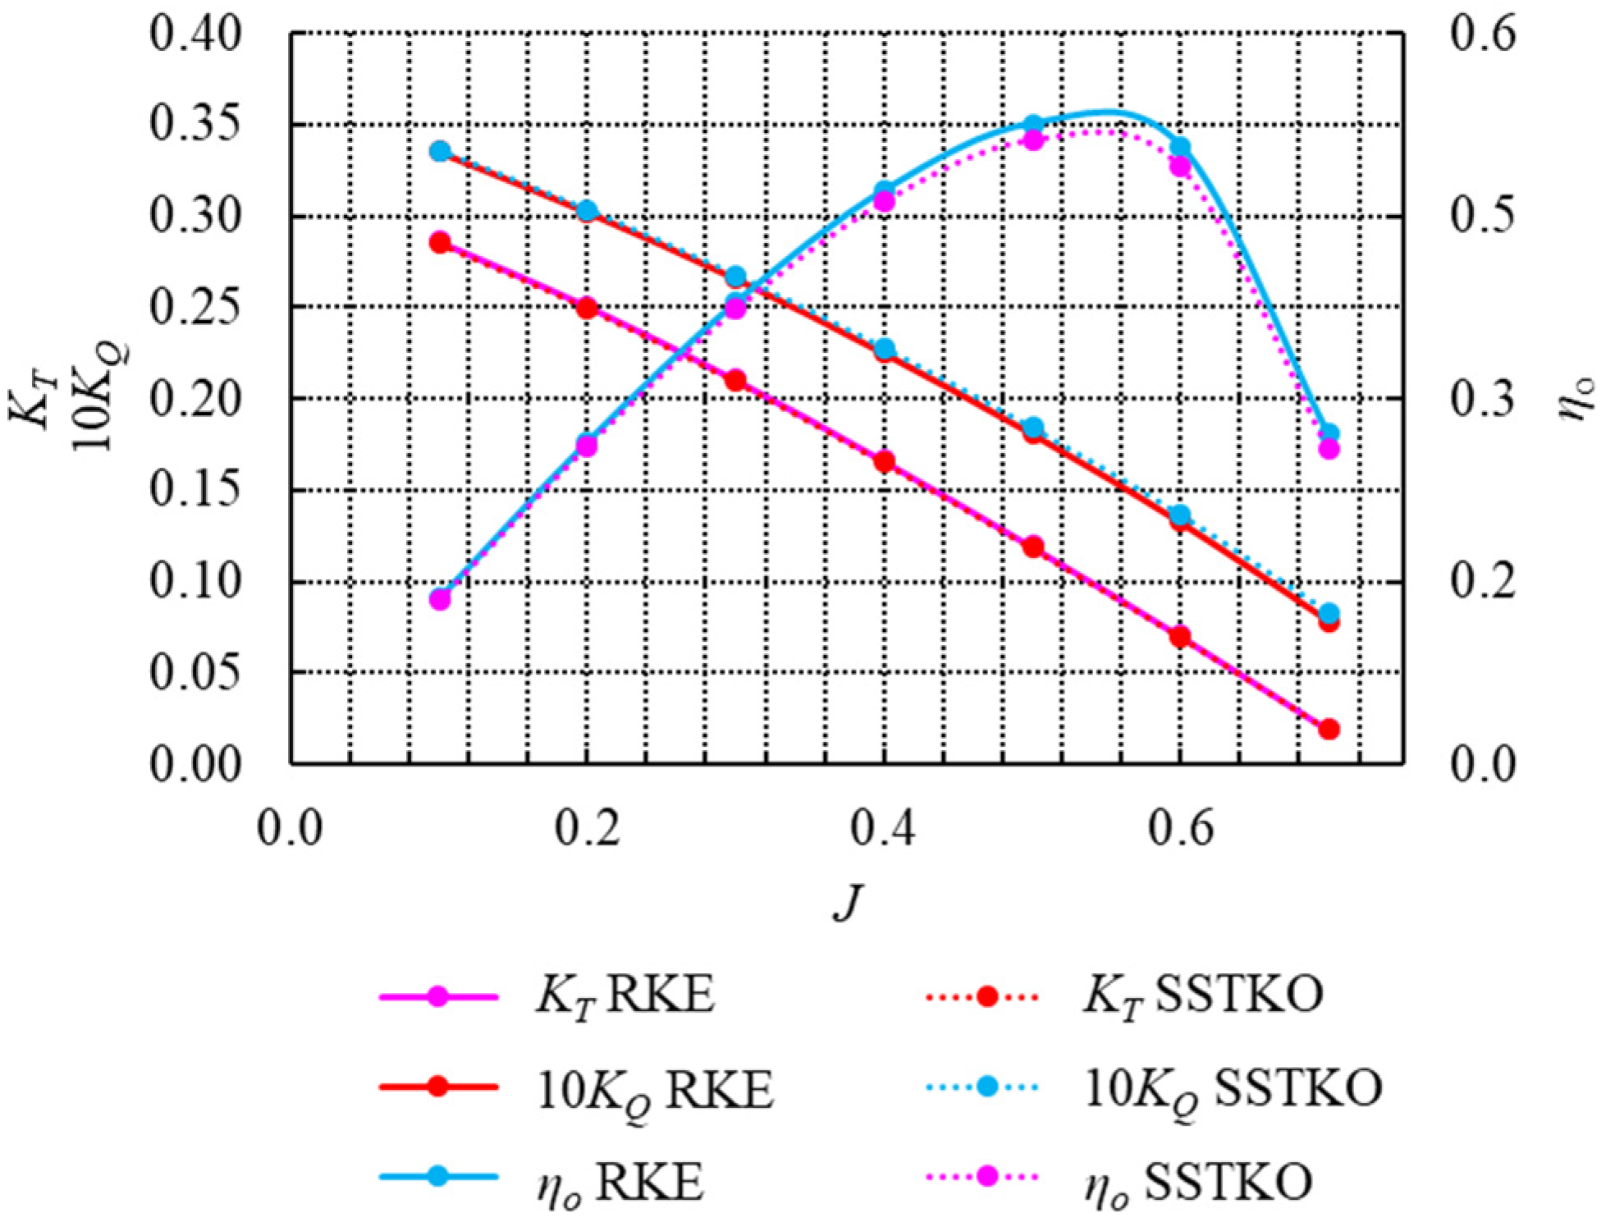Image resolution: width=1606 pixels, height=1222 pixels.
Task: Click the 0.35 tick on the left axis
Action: [196, 126]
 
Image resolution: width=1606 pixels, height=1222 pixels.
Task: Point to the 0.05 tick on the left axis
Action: [196, 673]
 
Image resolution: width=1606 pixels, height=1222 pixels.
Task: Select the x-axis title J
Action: [849, 902]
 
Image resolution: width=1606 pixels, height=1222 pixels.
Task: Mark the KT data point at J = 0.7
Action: [1329, 729]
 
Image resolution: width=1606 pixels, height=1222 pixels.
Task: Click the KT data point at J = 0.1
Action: [441, 243]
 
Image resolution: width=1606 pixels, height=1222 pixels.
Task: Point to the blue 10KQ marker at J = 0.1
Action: [441, 152]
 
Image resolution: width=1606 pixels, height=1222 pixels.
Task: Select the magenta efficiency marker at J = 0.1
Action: [441, 599]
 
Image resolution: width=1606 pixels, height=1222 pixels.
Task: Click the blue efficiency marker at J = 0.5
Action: [1033, 125]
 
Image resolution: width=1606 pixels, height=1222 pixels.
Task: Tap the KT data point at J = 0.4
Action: [885, 462]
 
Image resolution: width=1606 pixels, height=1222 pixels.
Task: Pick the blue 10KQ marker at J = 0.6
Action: [1180, 515]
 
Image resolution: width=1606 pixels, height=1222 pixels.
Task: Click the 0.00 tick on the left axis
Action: [196, 765]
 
